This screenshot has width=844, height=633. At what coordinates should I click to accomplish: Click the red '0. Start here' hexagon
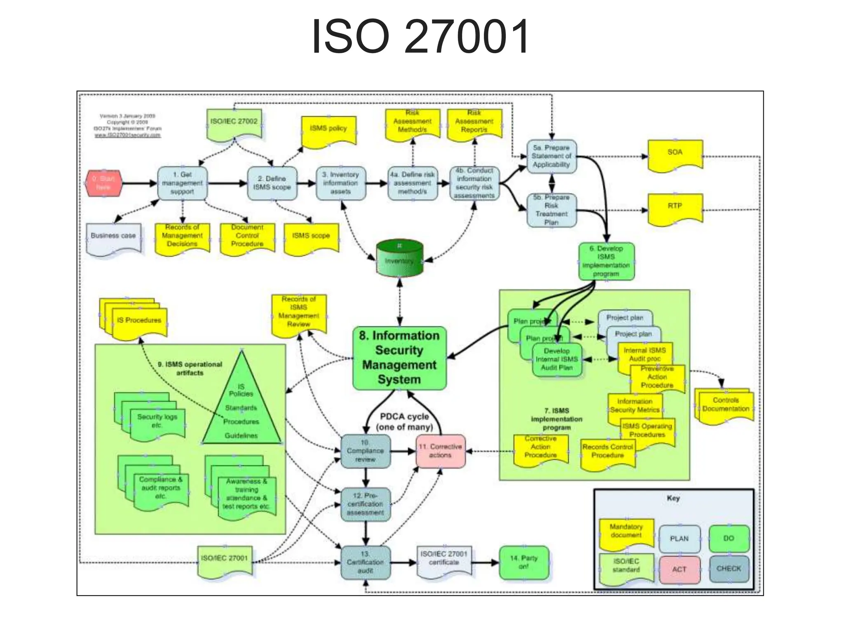tap(103, 183)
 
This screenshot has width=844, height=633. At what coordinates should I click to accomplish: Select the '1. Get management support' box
tap(182, 183)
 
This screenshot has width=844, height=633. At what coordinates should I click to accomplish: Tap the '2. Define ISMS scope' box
tap(272, 183)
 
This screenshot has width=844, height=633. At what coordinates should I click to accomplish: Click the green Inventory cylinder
tap(399, 260)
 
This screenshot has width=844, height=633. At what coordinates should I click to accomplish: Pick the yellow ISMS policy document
tap(328, 130)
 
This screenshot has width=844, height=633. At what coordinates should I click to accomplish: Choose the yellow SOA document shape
tap(675, 155)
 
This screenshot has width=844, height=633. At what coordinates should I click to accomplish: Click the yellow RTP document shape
tap(675, 208)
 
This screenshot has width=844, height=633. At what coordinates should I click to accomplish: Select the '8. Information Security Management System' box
tap(399, 358)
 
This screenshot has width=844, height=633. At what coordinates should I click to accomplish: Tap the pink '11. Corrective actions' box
tap(440, 451)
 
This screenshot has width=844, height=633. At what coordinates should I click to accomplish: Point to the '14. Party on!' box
tap(524, 563)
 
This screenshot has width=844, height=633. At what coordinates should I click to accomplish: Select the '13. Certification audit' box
tap(365, 563)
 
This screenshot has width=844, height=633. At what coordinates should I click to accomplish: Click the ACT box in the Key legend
tap(679, 570)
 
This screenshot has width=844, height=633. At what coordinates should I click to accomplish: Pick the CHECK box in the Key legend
tap(729, 569)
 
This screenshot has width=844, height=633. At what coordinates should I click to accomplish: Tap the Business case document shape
tap(113, 238)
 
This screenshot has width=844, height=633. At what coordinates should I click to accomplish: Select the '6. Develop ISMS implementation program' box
tap(606, 261)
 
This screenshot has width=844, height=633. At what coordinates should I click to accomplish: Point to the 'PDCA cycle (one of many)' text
tap(404, 422)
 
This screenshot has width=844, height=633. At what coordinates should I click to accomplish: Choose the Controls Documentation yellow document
tap(725, 406)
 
